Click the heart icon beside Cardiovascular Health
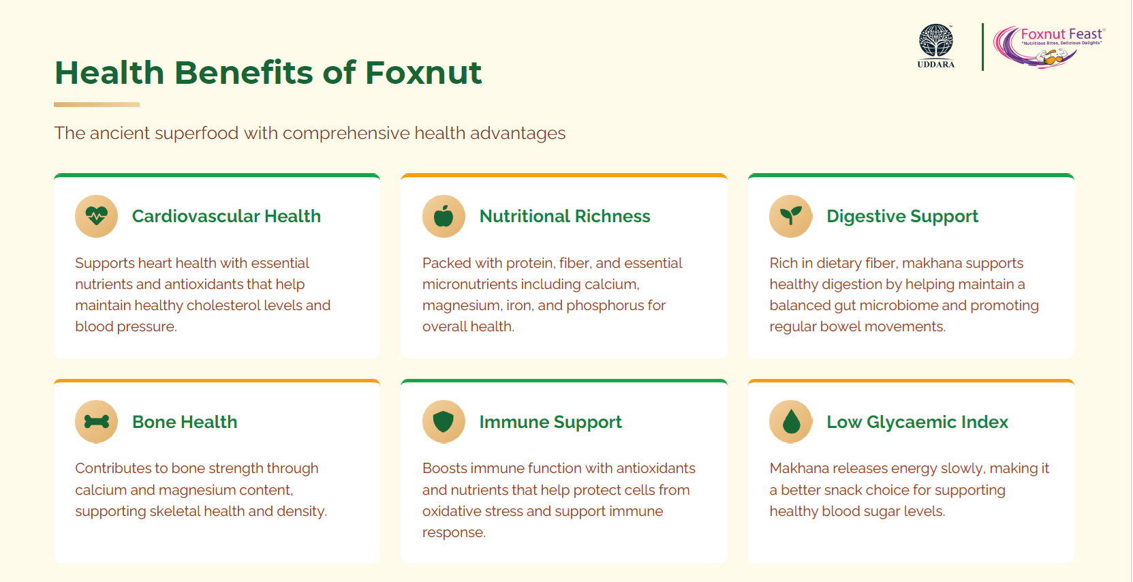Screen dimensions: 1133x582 click(x=96, y=216)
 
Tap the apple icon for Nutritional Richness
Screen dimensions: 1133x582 click(x=444, y=216)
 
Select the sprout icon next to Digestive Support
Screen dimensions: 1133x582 click(x=790, y=216)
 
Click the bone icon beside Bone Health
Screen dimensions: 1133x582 click(x=96, y=422)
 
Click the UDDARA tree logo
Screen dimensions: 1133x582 click(x=935, y=46)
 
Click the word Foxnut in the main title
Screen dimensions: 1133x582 click(x=423, y=72)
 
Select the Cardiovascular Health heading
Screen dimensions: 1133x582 click(x=226, y=216)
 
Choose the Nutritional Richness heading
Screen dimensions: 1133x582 click(x=565, y=216)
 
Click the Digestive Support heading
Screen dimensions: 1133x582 click(x=902, y=217)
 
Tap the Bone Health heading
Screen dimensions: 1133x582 click(x=185, y=422)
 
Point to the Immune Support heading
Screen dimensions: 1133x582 click(x=550, y=422)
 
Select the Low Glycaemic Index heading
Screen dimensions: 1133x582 click(x=917, y=422)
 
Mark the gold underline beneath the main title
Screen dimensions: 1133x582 click(x=97, y=105)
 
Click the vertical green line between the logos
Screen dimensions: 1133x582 click(x=983, y=46)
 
